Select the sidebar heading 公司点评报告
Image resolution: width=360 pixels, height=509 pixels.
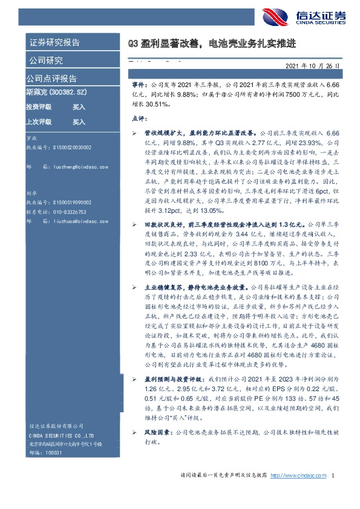[x=51, y=79]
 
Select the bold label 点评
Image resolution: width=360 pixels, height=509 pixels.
[x=139, y=119]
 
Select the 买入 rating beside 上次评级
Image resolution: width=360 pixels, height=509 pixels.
[x=79, y=122]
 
